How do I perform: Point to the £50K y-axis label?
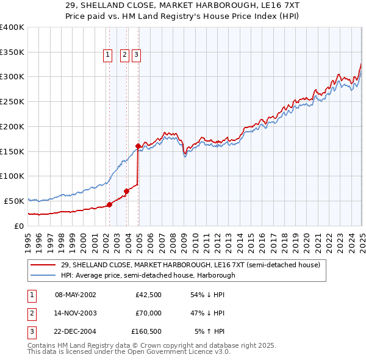(x=14, y=201)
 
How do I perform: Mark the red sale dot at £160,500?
(x=138, y=146)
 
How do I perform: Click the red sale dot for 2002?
(x=110, y=204)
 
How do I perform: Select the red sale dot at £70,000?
(x=127, y=191)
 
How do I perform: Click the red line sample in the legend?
(x=43, y=265)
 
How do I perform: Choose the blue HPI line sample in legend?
(x=43, y=275)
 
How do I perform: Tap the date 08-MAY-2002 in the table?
(x=76, y=295)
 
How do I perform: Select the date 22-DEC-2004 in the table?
(x=76, y=331)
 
